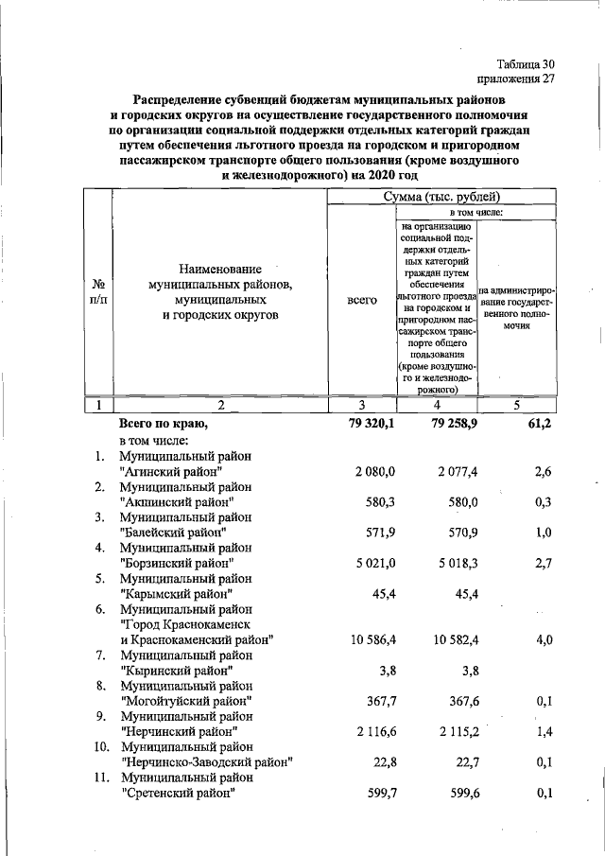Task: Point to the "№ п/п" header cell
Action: click(x=97, y=291)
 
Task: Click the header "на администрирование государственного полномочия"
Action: click(x=516, y=307)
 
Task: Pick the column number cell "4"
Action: click(x=436, y=406)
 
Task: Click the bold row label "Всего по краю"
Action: click(x=162, y=424)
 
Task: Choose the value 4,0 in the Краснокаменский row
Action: click(x=542, y=640)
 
